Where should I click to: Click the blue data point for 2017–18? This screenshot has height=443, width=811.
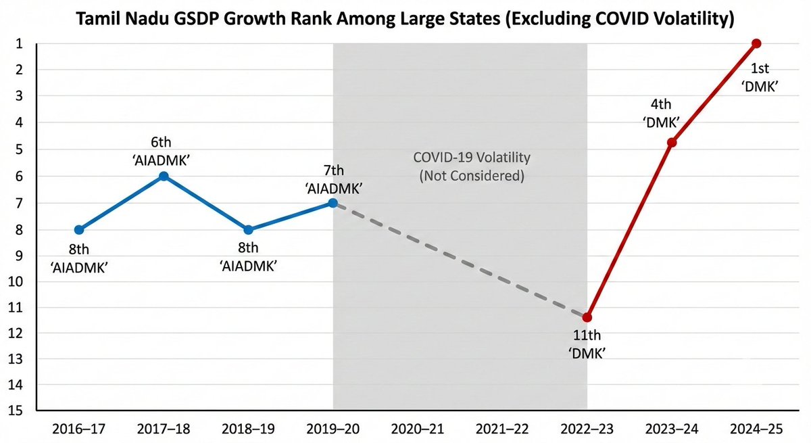coord(164,176)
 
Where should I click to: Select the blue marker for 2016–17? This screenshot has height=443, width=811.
coord(79,230)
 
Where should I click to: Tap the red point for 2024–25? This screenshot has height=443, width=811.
coord(756,43)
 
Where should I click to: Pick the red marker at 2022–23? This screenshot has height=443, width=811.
coord(587,317)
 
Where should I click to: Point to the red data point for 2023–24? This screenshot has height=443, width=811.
coord(672,142)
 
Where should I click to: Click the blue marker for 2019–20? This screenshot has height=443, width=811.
coord(333,203)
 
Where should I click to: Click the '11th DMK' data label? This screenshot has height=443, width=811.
coord(587,344)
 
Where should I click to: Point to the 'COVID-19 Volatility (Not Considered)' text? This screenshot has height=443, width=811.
coord(471,166)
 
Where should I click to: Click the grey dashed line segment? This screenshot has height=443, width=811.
coord(460,260)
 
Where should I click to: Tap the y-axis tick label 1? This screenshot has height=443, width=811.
coord(20,43)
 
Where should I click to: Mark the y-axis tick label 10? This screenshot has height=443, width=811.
coord(17,280)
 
